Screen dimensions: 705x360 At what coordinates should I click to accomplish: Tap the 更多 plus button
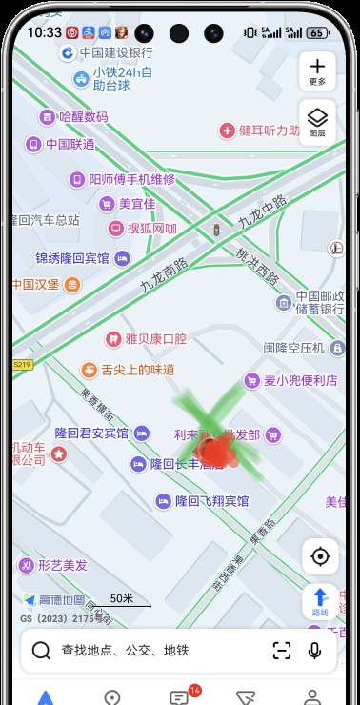(x=317, y=70)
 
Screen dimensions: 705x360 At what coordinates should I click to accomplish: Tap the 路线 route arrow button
(x=320, y=600)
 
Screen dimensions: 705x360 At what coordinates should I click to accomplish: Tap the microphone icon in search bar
(x=314, y=651)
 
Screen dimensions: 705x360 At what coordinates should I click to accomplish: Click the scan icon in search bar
(x=282, y=651)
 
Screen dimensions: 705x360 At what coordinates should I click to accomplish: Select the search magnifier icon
(x=41, y=651)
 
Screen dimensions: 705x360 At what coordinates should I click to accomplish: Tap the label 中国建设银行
(x=103, y=52)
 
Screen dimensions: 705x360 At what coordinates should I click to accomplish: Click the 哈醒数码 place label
(x=83, y=117)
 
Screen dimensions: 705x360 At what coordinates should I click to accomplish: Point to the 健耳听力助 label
(x=268, y=130)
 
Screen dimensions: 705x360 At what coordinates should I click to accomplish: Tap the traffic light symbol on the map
(x=216, y=231)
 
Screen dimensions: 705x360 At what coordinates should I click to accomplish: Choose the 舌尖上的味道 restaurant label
(x=137, y=369)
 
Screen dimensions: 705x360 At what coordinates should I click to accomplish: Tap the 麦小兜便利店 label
(x=300, y=380)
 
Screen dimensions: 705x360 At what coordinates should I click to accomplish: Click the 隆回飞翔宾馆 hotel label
(x=211, y=501)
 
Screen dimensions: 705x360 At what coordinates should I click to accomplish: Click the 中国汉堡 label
(x=36, y=284)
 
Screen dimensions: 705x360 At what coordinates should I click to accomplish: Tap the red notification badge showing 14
(x=194, y=690)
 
